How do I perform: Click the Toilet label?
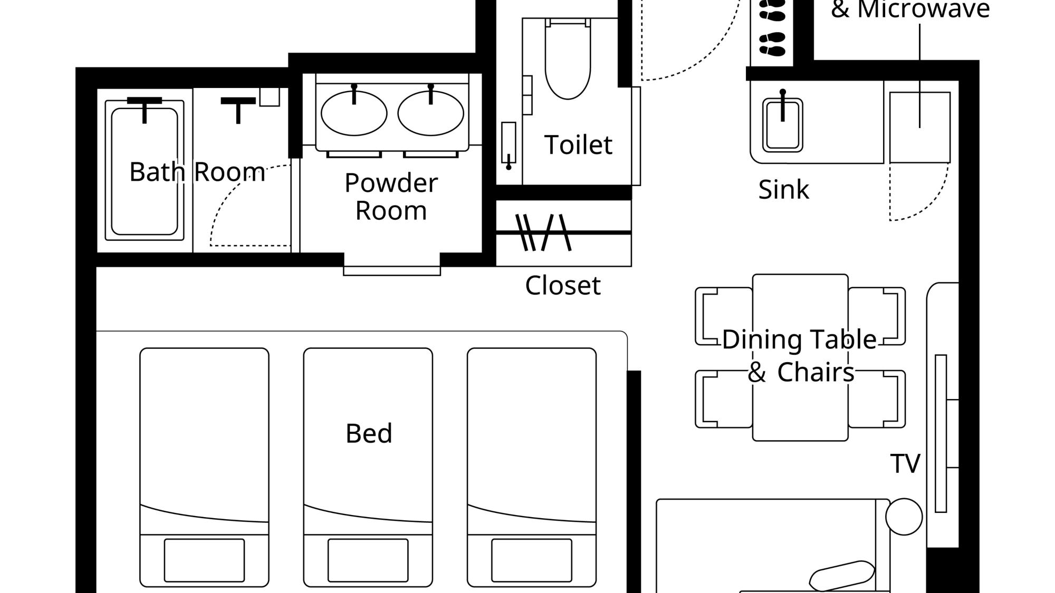[x=578, y=145]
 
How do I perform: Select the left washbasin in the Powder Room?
[x=354, y=113]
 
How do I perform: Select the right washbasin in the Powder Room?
[x=431, y=113]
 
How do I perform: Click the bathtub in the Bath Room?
[x=145, y=171]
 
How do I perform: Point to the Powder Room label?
[x=391, y=197]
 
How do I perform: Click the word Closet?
[x=563, y=286]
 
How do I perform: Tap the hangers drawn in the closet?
[x=543, y=232]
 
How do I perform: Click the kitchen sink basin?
[x=783, y=125]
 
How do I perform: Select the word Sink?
[x=783, y=190]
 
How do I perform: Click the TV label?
[x=905, y=464]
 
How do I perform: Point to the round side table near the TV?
[x=904, y=517]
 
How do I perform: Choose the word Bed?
[x=369, y=433]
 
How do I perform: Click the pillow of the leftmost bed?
[x=204, y=560]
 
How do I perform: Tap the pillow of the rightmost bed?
[x=532, y=560]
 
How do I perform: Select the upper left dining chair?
[x=724, y=316]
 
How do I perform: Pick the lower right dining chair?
[x=877, y=399]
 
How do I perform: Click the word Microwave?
[x=923, y=9]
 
